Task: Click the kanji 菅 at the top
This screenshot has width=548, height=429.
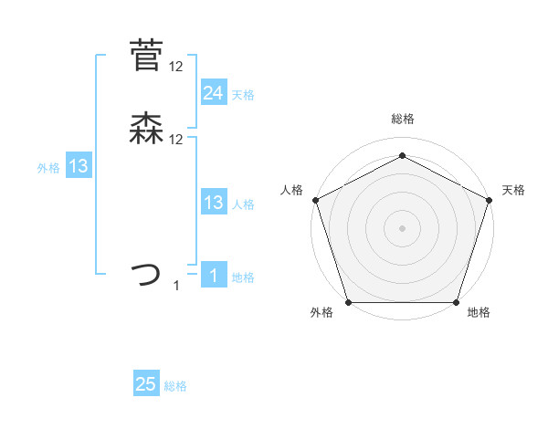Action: pos(145,56)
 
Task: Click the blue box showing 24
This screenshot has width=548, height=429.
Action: pos(213,92)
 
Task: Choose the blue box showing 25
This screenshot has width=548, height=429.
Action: pos(145,384)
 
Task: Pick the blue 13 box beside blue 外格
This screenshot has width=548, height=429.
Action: pos(78,166)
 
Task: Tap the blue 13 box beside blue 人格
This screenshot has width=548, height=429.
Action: pos(213,203)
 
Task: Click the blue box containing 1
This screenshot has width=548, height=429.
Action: pos(213,276)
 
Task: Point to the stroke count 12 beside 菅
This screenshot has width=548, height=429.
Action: pos(176,66)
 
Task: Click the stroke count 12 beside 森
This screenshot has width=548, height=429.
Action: pos(176,139)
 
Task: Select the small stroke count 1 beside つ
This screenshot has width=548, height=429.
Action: pos(176,286)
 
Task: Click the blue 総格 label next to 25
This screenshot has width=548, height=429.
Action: pos(175,386)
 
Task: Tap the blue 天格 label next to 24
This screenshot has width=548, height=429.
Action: pos(243,95)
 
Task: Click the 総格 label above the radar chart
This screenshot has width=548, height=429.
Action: pos(402,119)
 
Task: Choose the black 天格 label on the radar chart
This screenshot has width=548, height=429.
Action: pos(513,190)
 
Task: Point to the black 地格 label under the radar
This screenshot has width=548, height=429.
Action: pos(479,312)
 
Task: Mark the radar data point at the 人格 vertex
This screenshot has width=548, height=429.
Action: pos(315,199)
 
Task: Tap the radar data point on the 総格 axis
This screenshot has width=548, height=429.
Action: pos(402,155)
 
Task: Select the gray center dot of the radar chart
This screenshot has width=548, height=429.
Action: pos(402,227)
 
